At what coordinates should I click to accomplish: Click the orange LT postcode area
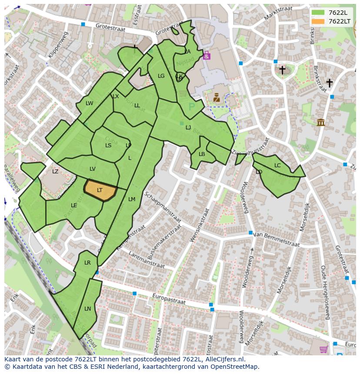click(x=100, y=190)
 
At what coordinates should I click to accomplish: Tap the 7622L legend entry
click(x=331, y=13)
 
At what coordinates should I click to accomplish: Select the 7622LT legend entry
click(x=331, y=21)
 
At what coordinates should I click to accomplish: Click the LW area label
click(x=89, y=103)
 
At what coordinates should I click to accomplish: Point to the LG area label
click(x=161, y=76)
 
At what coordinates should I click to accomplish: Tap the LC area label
click(x=277, y=165)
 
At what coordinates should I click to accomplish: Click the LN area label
click(x=87, y=309)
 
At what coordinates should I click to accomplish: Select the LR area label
click(x=87, y=263)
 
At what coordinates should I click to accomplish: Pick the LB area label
click(x=202, y=154)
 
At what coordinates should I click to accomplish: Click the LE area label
click(x=74, y=205)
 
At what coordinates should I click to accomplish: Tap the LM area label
click(x=132, y=199)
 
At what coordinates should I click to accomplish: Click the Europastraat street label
click(x=169, y=299)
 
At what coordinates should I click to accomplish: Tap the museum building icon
click(x=321, y=122)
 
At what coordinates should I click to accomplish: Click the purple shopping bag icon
click(x=207, y=55)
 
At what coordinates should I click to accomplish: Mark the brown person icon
click(x=216, y=97)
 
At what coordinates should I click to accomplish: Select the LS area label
click(x=108, y=146)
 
